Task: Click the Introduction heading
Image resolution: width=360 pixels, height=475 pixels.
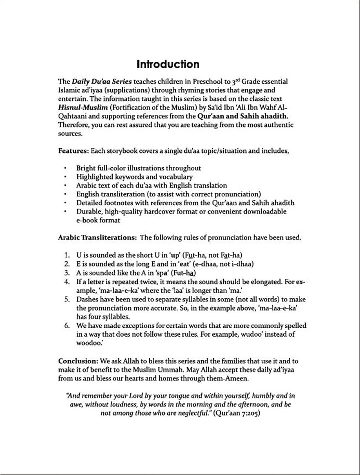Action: click(168, 65)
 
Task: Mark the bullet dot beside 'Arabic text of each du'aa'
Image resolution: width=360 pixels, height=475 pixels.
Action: click(66, 185)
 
